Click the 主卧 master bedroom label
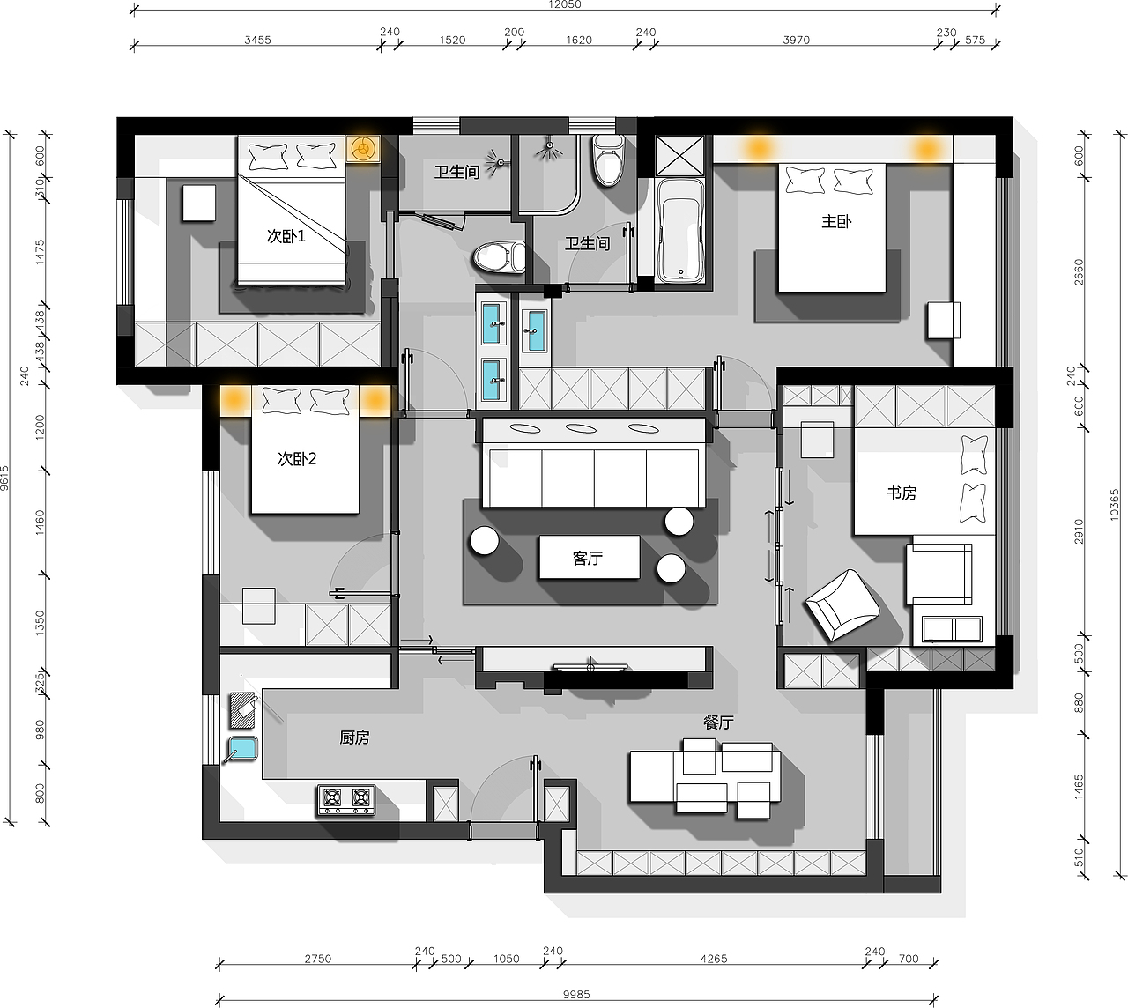(x=836, y=222)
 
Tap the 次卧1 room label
(x=286, y=236)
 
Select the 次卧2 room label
(x=297, y=459)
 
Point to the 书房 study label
(x=902, y=493)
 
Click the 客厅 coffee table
(x=589, y=557)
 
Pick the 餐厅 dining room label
(x=718, y=723)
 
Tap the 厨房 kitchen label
(x=354, y=737)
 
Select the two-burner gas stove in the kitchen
(x=346, y=800)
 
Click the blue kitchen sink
(x=241, y=749)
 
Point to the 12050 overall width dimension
(x=565, y=5)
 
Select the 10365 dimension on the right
(x=1114, y=505)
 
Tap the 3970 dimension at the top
(x=796, y=40)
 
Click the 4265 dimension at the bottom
(x=714, y=959)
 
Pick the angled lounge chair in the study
(x=842, y=604)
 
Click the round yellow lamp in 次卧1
(x=362, y=149)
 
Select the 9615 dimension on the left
(x=4, y=478)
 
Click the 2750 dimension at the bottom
(x=317, y=959)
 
